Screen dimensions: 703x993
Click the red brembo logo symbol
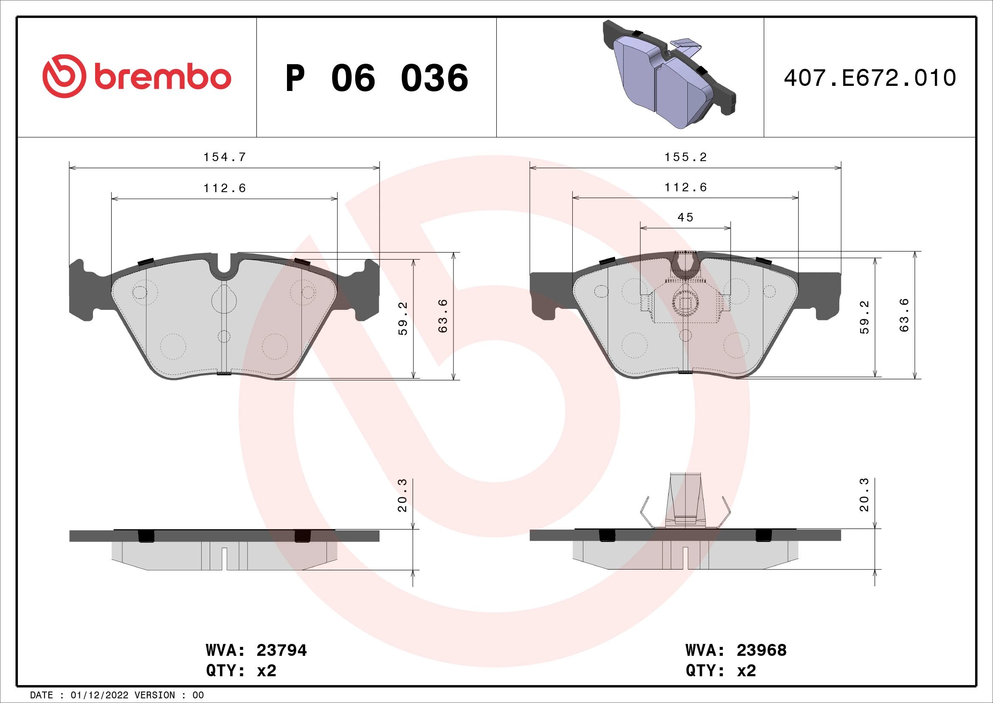pos(64,76)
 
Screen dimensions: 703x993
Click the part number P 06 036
pos(376,78)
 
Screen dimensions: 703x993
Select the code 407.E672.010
pos(870,78)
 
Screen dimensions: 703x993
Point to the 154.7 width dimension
pos(225,157)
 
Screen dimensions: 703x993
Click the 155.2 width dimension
pos(686,157)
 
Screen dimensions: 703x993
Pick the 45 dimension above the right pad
pos(685,217)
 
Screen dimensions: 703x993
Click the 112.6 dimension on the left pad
pos(225,188)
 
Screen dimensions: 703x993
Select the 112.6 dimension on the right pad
pos(686,187)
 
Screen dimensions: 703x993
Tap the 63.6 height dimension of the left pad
pos(442,315)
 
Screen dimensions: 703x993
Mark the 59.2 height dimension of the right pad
pos(864,317)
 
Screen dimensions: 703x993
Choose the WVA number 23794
pos(281,650)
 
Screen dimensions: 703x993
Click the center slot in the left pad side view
pos(224,558)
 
